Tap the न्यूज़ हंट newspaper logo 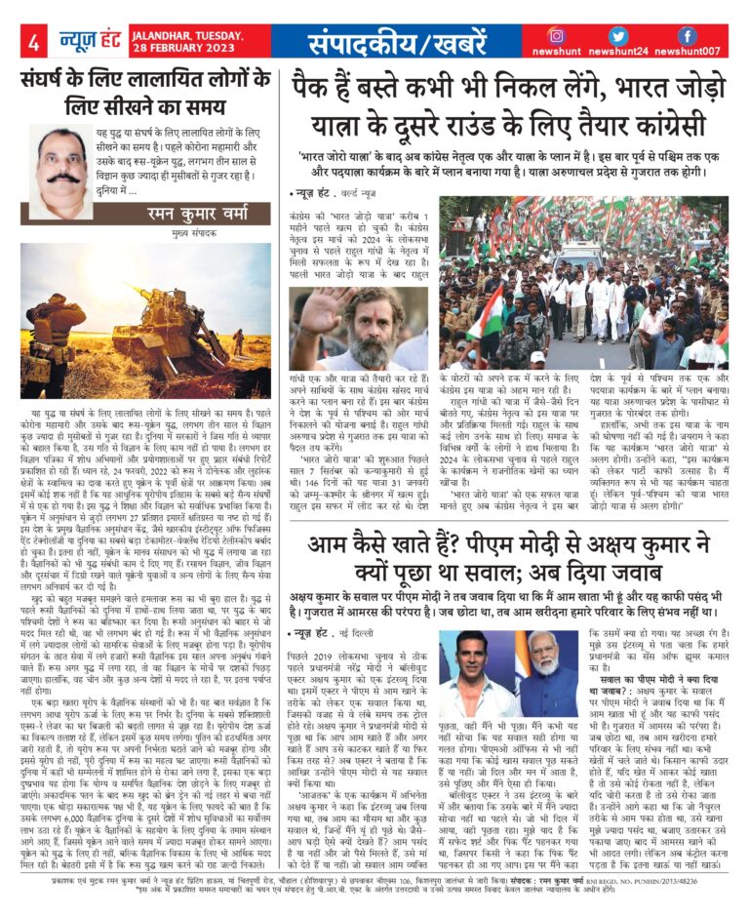coord(83,41)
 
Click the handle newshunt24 coord(634,52)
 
